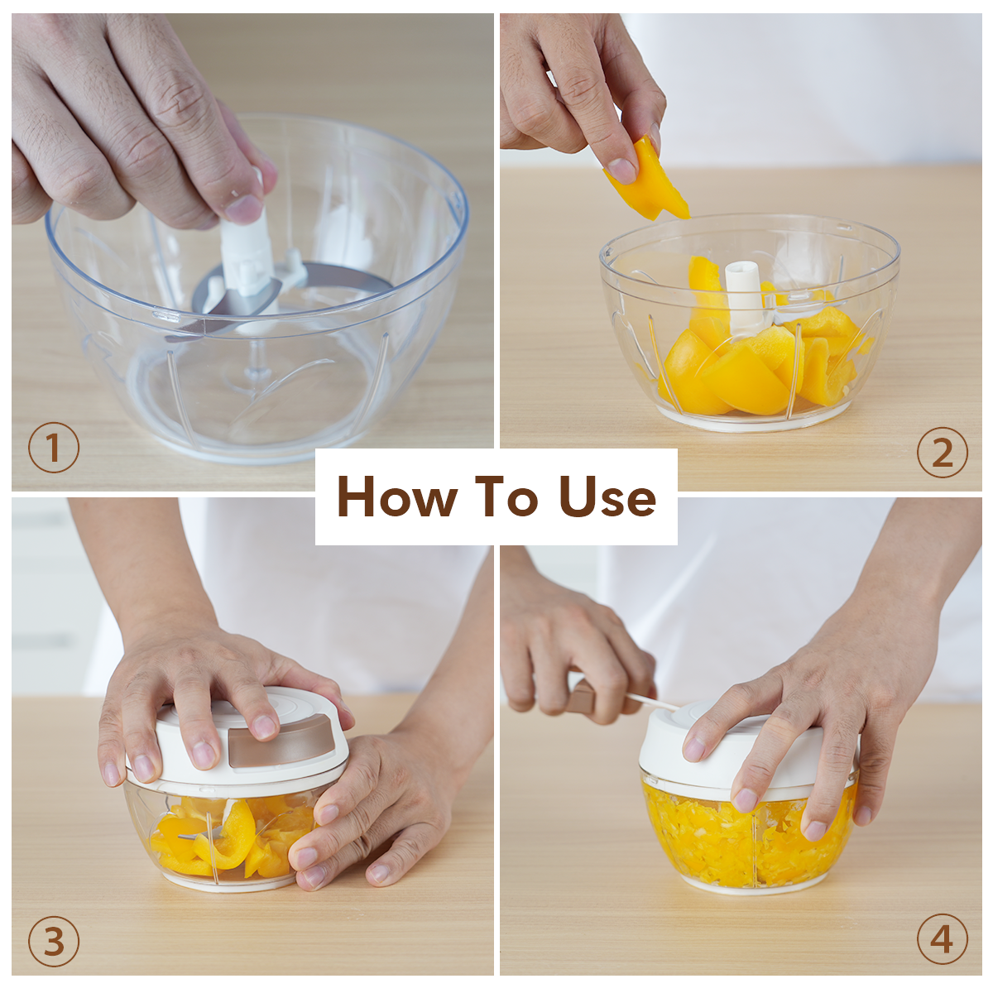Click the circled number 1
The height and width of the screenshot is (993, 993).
[54, 448]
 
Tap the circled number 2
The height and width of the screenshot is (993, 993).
[943, 453]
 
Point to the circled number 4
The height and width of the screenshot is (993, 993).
[943, 939]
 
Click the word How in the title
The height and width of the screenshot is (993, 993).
[397, 496]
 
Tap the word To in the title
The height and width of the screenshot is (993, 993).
[506, 496]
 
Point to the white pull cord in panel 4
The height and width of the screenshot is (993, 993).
[652, 701]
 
